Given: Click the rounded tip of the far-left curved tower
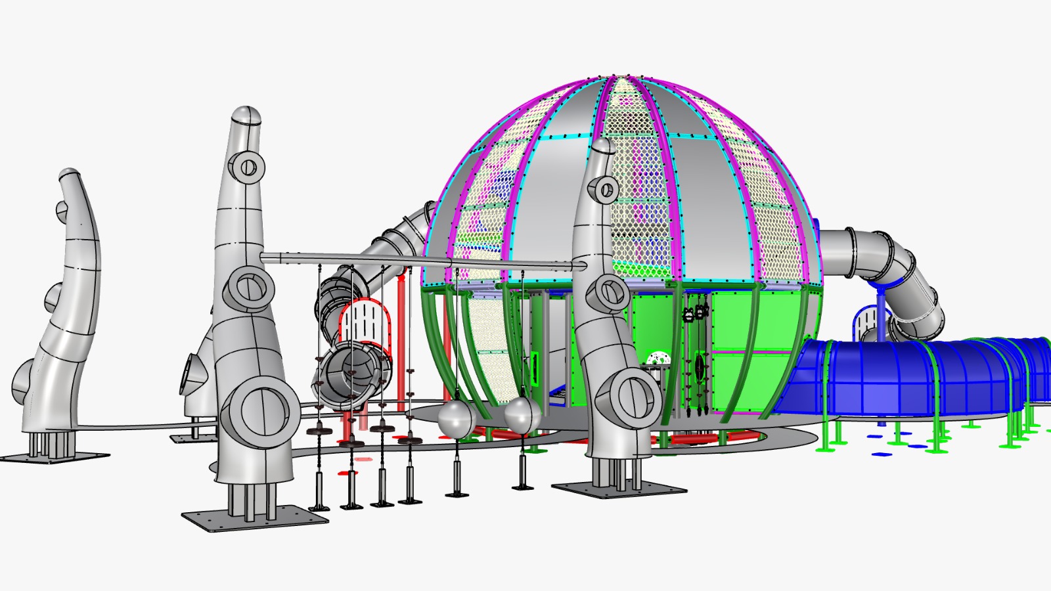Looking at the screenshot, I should (68, 176).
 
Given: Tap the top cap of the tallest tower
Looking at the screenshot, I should (246, 116).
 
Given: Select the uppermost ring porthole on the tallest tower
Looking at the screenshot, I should (248, 166).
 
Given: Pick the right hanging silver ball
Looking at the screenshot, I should (522, 415).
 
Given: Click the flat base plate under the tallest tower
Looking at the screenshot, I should (255, 518).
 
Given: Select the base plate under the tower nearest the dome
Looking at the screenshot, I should (619, 489).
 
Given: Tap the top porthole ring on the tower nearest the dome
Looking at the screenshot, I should (604, 190).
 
